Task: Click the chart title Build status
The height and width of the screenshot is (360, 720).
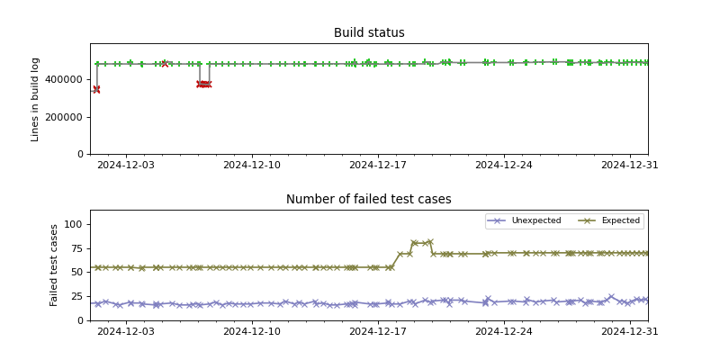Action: coord(369,33)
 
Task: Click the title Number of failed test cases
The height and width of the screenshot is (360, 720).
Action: coord(369,200)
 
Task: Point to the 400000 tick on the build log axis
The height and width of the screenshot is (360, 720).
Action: coord(67,79)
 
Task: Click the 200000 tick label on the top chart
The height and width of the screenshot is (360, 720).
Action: coord(67,117)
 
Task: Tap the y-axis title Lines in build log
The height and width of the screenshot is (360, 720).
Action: coord(36,99)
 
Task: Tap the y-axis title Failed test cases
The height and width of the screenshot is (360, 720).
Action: coord(55,265)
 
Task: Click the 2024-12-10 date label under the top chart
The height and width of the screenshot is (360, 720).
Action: coord(252,166)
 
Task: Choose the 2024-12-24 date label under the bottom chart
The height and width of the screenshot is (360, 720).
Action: coord(504,332)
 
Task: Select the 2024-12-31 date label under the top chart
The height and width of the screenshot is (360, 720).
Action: coord(629,166)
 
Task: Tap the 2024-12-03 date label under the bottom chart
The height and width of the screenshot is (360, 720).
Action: coord(126,332)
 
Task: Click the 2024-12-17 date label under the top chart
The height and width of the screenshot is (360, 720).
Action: coord(378,166)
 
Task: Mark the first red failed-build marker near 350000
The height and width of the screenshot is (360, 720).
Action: coord(96,89)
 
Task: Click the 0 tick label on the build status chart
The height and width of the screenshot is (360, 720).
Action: coord(80,155)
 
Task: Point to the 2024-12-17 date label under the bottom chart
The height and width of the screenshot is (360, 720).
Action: coord(378,332)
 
